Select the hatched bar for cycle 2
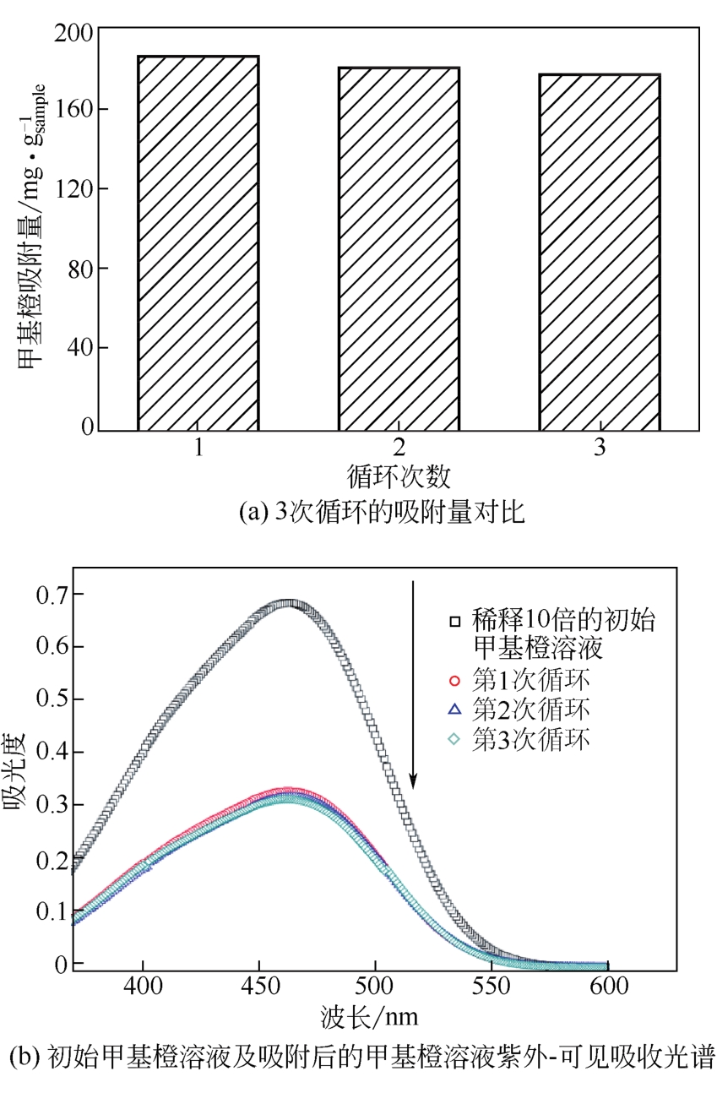tap(399, 248)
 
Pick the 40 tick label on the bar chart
tap(77, 348)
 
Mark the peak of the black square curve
tap(289, 604)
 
